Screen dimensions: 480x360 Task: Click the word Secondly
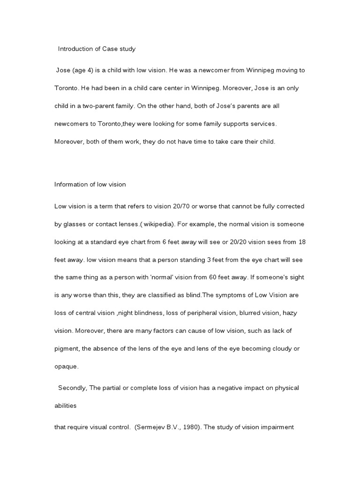[x=73, y=388]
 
